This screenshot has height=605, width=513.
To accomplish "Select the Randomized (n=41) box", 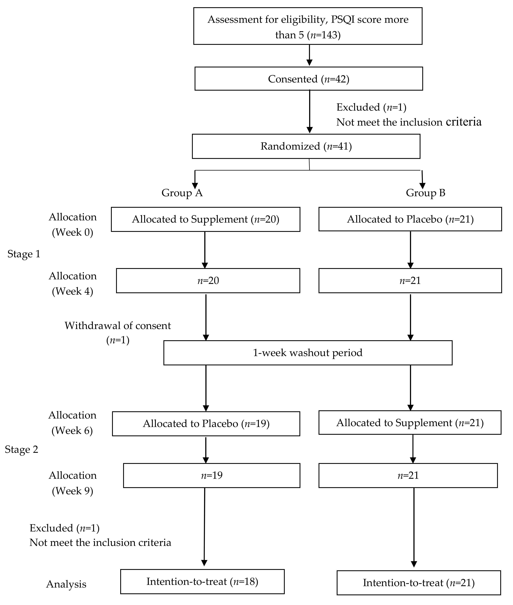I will click(x=306, y=146).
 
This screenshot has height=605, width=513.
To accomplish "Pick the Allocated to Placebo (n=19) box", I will click(x=206, y=423).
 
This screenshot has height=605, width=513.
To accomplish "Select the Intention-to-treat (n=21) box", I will click(x=419, y=583).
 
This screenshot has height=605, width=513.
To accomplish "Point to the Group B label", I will click(x=425, y=193).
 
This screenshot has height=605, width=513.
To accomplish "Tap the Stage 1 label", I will click(x=24, y=254).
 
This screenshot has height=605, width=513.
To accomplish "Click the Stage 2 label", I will click(x=21, y=449).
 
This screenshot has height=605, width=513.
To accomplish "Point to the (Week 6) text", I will click(x=72, y=431).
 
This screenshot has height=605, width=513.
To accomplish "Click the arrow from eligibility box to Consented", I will click(x=309, y=55).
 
